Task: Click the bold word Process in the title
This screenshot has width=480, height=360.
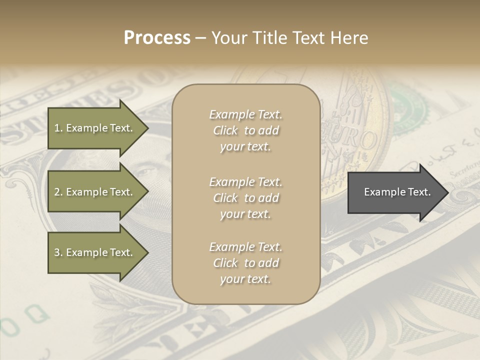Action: (157, 38)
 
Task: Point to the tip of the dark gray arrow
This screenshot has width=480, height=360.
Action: (446, 192)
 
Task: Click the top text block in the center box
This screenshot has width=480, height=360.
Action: (245, 130)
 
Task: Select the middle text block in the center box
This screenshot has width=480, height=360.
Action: (245, 197)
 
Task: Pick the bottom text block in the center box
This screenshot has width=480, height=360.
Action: (245, 263)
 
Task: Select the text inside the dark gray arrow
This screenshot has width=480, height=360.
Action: (397, 192)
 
